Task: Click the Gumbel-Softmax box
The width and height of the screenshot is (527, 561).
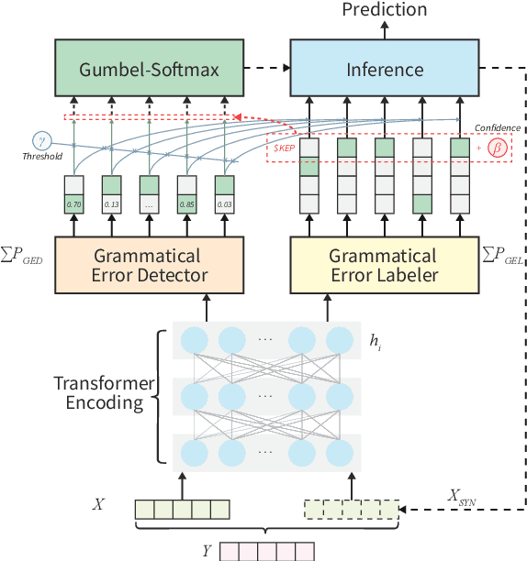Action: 149,70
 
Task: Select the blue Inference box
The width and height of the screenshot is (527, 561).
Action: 384,70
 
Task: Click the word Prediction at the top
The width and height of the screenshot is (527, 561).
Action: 384,10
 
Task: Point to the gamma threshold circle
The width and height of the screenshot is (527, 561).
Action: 42,140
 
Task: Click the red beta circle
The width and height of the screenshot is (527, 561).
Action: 497,147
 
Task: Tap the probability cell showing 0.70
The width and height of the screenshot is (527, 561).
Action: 74,205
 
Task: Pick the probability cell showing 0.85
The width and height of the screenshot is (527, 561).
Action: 187,205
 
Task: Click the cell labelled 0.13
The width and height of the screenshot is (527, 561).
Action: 112,205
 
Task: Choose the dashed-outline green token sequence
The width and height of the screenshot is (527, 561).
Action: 353,510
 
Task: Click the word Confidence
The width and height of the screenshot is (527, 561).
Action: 497,128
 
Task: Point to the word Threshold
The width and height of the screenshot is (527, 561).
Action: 42,157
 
